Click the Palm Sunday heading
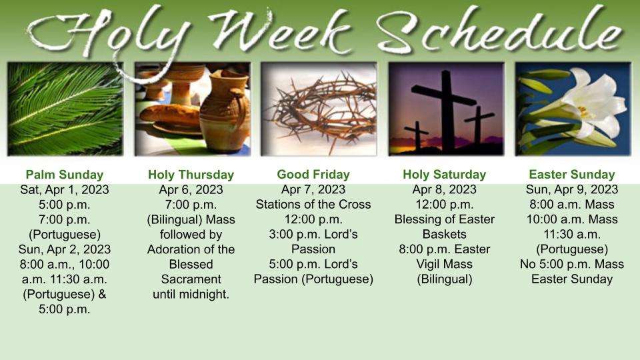pyautogui.click(x=65, y=175)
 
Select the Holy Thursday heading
pyautogui.click(x=191, y=175)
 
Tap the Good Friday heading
pyautogui.click(x=313, y=174)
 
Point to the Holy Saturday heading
pyautogui.click(x=445, y=175)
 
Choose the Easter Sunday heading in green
pyautogui.click(x=572, y=175)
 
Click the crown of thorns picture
pyautogui.click(x=319, y=109)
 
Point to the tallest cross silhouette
pyautogui.click(x=447, y=109)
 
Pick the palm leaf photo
pyautogui.click(x=65, y=109)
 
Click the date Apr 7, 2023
pyautogui.click(x=313, y=189)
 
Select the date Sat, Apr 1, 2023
pyautogui.click(x=65, y=190)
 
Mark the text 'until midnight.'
pyautogui.click(x=191, y=294)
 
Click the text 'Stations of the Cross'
pyautogui.click(x=313, y=204)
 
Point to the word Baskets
pyautogui.click(x=445, y=234)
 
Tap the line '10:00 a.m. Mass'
pyautogui.click(x=572, y=219)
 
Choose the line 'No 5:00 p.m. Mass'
pyautogui.click(x=572, y=264)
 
